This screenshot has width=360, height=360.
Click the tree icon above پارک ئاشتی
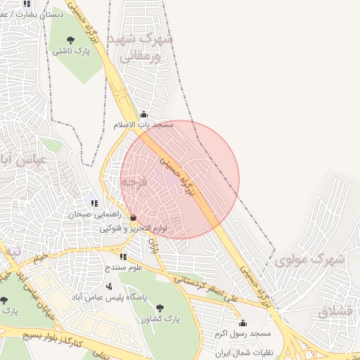click(70, 40)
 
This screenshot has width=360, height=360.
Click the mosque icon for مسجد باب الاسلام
click(144, 114)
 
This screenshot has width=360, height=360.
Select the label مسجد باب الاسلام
click(143, 124)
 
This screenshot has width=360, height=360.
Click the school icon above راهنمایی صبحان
click(95, 203)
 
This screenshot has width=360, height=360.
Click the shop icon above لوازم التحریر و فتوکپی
click(133, 219)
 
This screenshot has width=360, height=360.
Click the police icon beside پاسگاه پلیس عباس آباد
click(109, 286)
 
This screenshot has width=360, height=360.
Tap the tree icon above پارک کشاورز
click(160, 307)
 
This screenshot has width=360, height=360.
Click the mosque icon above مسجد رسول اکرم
click(243, 323)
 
